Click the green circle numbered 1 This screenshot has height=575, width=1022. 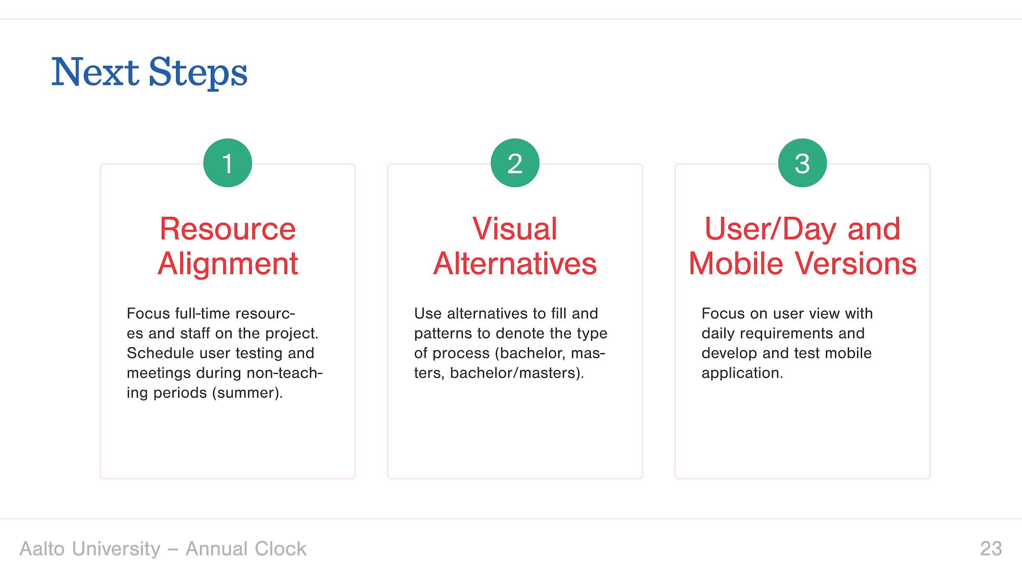(x=228, y=163)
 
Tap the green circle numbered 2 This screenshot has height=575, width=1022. (x=515, y=163)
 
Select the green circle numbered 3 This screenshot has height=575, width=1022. (x=803, y=163)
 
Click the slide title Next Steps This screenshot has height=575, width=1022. (x=149, y=72)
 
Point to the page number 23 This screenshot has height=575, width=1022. (x=991, y=549)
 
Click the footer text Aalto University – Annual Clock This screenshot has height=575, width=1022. (x=163, y=549)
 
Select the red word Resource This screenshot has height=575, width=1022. (x=228, y=229)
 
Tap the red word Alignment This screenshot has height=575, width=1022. (x=228, y=264)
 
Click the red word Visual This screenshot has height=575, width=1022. (x=515, y=229)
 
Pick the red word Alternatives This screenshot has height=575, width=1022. (x=515, y=264)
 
